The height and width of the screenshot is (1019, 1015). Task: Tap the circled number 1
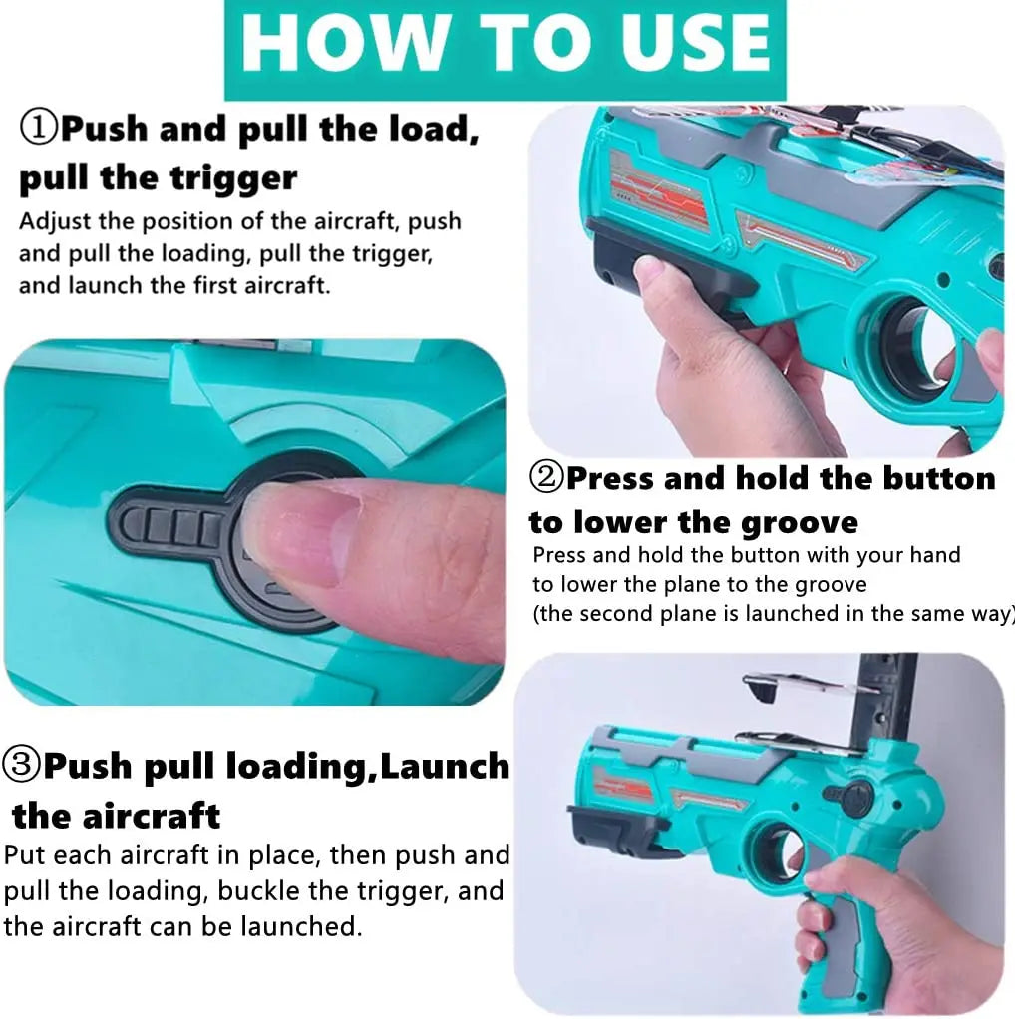coord(38,128)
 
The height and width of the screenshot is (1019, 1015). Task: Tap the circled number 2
coord(547,478)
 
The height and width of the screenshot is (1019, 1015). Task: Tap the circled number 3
coord(21,764)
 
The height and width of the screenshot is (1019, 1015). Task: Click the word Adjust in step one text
coord(54,222)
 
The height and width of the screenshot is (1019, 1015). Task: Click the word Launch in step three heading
coord(445,766)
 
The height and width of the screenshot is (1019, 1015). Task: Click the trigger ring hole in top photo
coord(903,342)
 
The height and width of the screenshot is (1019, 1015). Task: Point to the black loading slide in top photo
coord(669,269)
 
